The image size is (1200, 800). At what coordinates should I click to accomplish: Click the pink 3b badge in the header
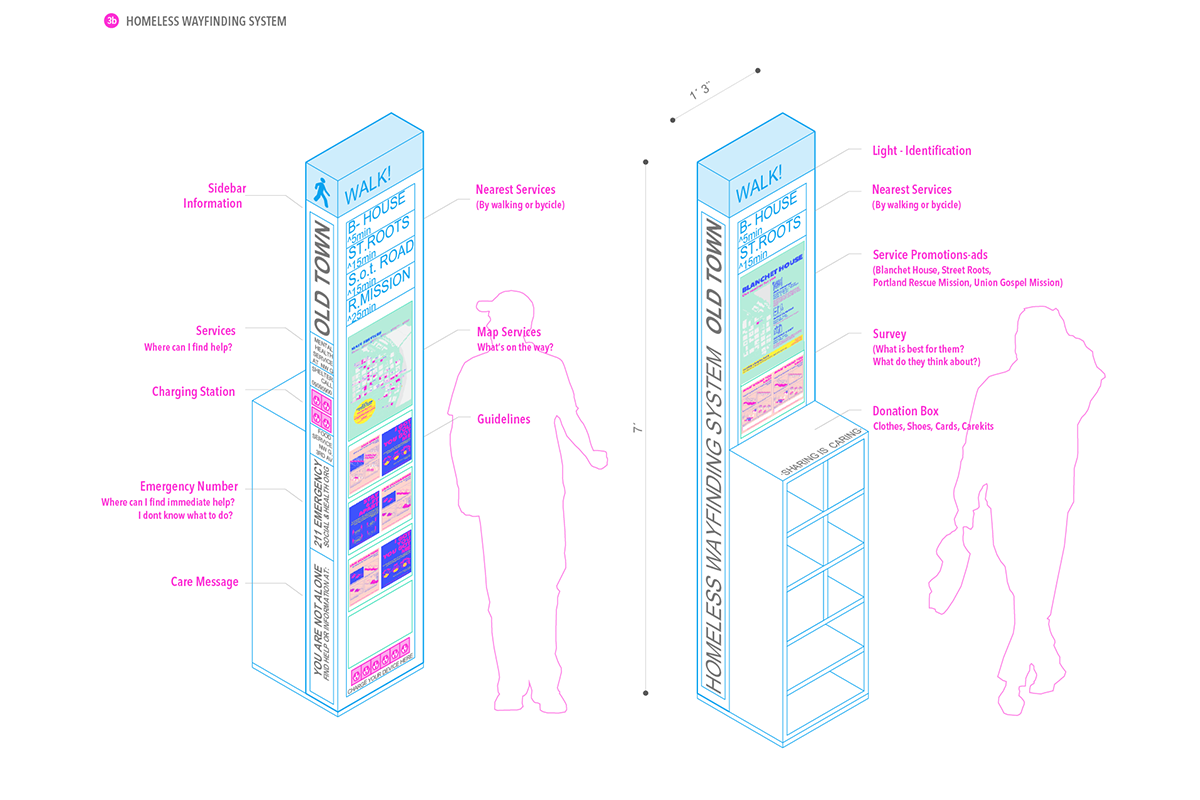click(x=111, y=21)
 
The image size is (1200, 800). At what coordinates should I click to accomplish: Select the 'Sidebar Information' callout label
click(x=212, y=196)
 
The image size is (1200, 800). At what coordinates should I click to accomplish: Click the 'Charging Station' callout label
click(x=194, y=392)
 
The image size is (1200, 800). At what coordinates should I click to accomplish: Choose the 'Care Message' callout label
click(x=204, y=582)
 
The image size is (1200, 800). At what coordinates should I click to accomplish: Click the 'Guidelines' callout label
click(x=504, y=420)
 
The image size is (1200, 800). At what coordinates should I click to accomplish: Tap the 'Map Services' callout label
click(x=509, y=332)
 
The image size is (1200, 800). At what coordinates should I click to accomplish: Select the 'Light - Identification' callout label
click(x=922, y=151)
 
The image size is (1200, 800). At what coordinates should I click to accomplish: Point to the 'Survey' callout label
click(x=889, y=334)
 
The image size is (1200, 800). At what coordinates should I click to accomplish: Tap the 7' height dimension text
click(x=636, y=428)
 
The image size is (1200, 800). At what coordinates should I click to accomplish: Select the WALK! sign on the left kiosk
click(x=367, y=188)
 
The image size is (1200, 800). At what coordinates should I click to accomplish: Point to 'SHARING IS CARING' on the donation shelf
click(x=812, y=452)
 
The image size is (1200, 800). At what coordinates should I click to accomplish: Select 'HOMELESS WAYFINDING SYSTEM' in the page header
click(x=206, y=21)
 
